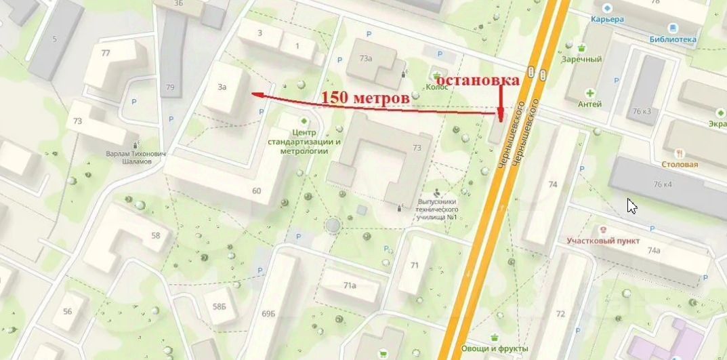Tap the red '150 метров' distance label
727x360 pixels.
pyautogui.click(x=365, y=98)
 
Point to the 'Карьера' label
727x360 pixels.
pyautogui.click(x=606, y=20)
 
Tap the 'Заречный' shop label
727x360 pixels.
pyautogui.click(x=581, y=59)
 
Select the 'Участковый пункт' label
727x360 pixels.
pyautogui.click(x=603, y=241)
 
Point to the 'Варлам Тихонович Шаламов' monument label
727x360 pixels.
pyautogui.click(x=136, y=157)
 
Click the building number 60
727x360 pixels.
pyautogui.click(x=256, y=191)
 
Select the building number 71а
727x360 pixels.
pyautogui.click(x=350, y=285)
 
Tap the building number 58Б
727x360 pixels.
pyautogui.click(x=219, y=306)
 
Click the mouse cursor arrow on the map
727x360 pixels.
pyautogui.click(x=631, y=205)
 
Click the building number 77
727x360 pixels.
pyautogui.click(x=105, y=53)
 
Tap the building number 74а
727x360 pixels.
pyautogui.click(x=653, y=250)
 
